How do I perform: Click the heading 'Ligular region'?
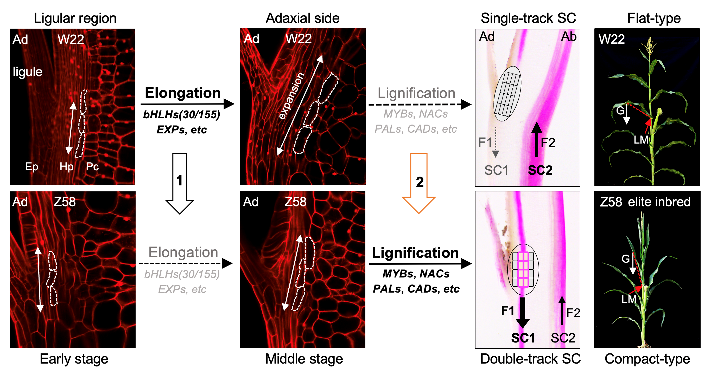click(x=75, y=18)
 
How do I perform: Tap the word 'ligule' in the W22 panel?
click(x=28, y=72)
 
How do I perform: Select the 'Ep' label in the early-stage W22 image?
click(x=31, y=166)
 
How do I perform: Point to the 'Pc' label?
click(x=92, y=166)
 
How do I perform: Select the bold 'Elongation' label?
click(x=183, y=93)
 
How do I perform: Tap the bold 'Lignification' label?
click(x=415, y=253)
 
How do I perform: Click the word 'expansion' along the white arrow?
click(x=291, y=96)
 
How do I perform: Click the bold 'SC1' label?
click(x=523, y=338)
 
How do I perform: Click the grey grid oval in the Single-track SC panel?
click(x=507, y=93)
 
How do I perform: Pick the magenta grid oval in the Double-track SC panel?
click(x=523, y=269)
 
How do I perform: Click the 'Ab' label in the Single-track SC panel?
click(x=569, y=37)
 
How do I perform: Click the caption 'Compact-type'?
click(x=647, y=359)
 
